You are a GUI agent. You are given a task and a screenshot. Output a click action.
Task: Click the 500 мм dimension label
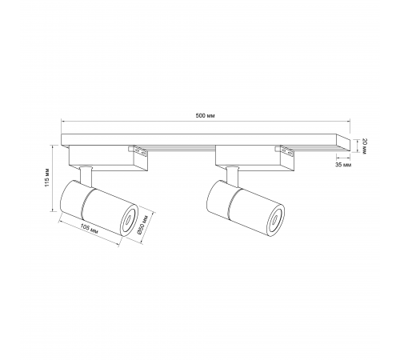(206, 115)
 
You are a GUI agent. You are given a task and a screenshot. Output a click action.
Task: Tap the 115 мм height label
(46, 178)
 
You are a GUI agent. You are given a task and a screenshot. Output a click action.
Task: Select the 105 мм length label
(89, 229)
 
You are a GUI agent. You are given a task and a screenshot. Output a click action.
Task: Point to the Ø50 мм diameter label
(142, 226)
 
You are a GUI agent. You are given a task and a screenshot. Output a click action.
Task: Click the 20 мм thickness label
(365, 146)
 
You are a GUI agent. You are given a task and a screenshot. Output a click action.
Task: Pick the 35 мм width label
(343, 165)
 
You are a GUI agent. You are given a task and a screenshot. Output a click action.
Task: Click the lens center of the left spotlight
(128, 220)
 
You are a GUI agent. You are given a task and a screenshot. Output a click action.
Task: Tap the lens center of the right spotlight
(274, 220)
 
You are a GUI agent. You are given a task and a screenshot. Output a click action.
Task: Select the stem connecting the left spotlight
(86, 175)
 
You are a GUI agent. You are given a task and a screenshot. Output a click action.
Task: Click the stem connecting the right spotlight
(232, 175)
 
